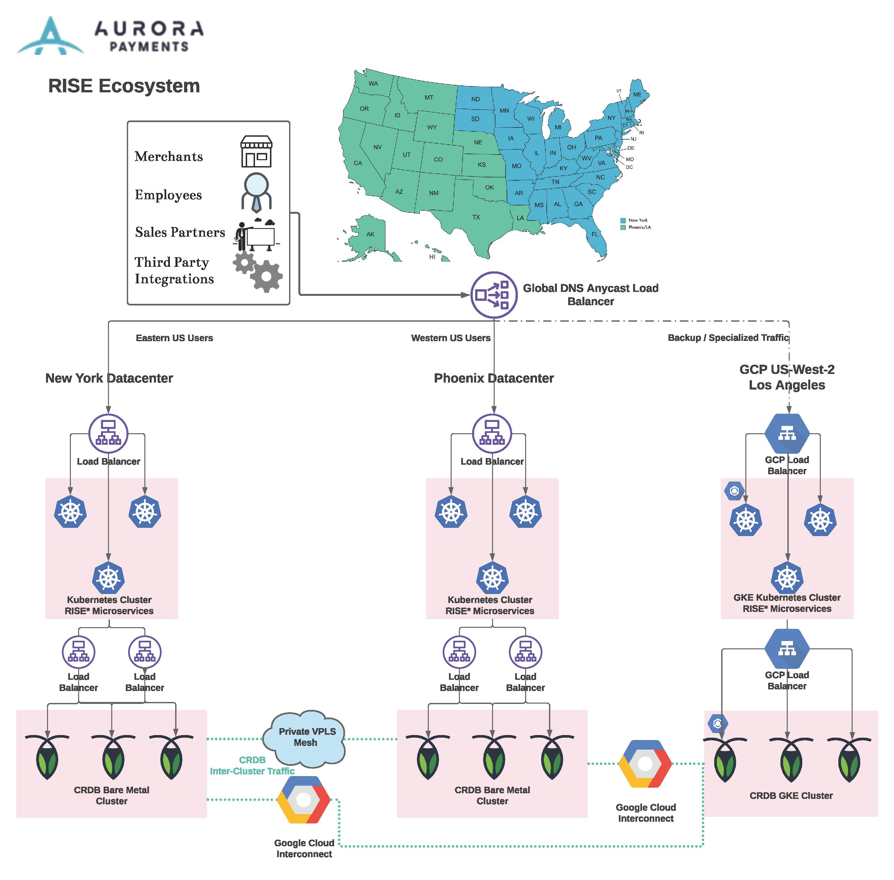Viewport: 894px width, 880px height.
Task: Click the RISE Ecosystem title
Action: pyautogui.click(x=124, y=86)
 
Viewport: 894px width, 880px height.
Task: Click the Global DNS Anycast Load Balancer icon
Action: pyautogui.click(x=493, y=295)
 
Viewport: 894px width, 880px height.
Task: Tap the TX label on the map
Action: pyautogui.click(x=475, y=217)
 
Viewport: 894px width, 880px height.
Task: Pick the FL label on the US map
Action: pyautogui.click(x=594, y=234)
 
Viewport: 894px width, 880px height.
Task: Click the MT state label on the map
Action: pyautogui.click(x=429, y=98)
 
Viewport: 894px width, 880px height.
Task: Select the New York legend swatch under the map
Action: pyautogui.click(x=622, y=220)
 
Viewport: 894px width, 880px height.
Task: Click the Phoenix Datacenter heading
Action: pyautogui.click(x=493, y=378)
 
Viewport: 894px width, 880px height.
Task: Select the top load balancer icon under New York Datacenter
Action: pyautogui.click(x=108, y=433)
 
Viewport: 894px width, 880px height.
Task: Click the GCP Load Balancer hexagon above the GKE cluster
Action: pyautogui.click(x=786, y=433)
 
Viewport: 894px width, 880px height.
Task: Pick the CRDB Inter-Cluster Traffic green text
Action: pyautogui.click(x=252, y=765)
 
